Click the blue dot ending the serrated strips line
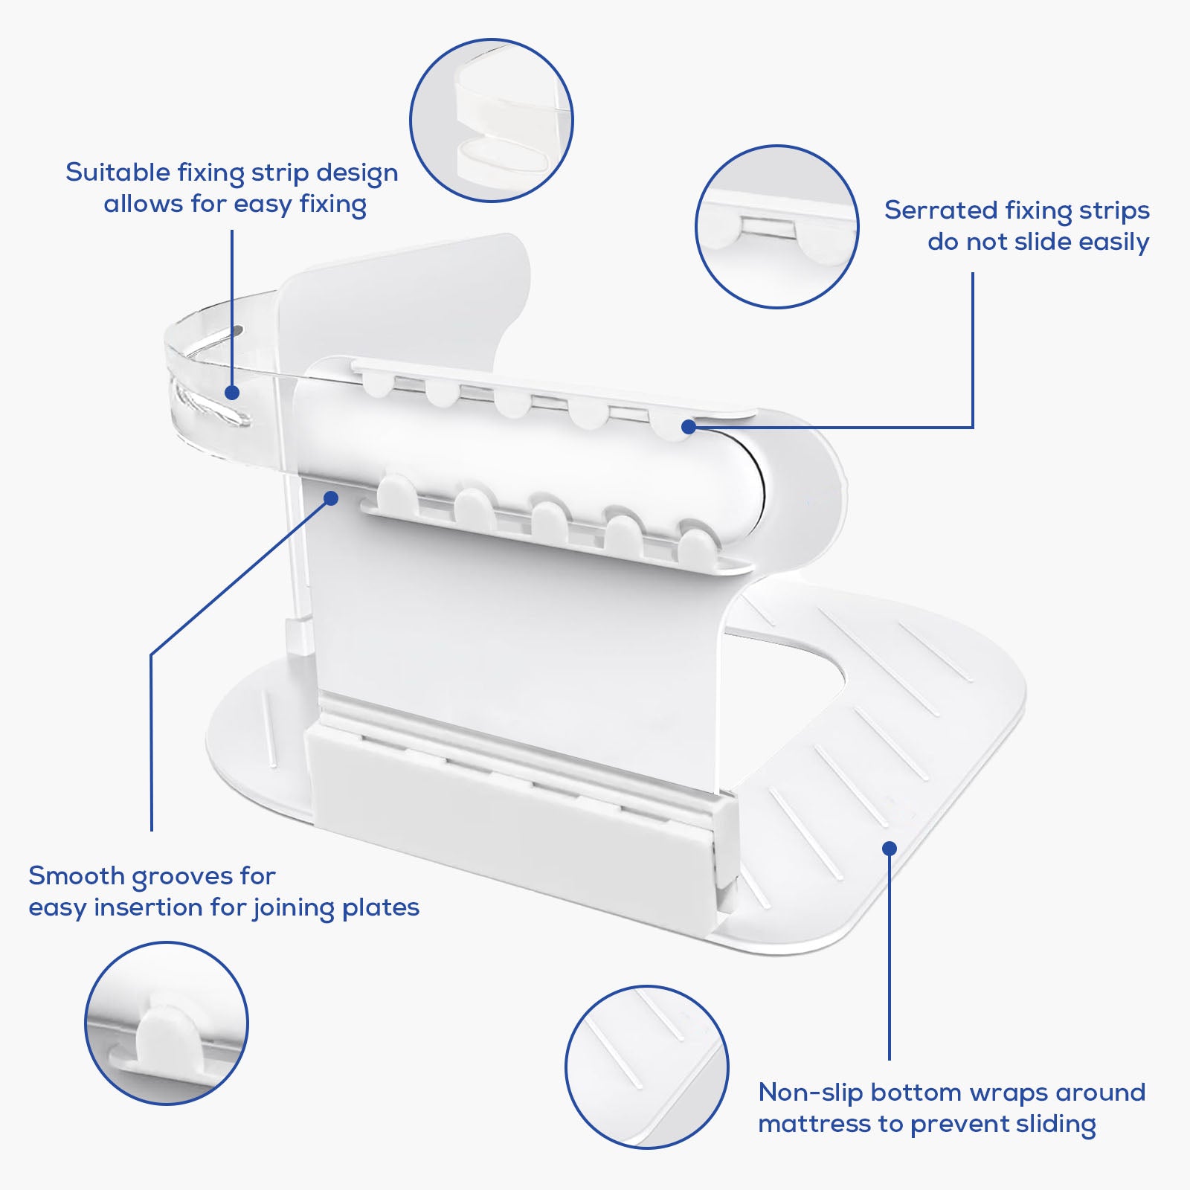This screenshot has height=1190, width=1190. coord(689,427)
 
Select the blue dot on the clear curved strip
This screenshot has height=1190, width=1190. coord(232,393)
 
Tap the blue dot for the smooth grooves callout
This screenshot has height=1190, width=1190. coord(331,498)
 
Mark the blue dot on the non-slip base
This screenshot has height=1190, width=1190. coord(890,849)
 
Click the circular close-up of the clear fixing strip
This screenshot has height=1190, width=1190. coord(492,120)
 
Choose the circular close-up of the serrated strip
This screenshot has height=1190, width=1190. coord(777,227)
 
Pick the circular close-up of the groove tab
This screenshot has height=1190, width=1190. coord(167,1023)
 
